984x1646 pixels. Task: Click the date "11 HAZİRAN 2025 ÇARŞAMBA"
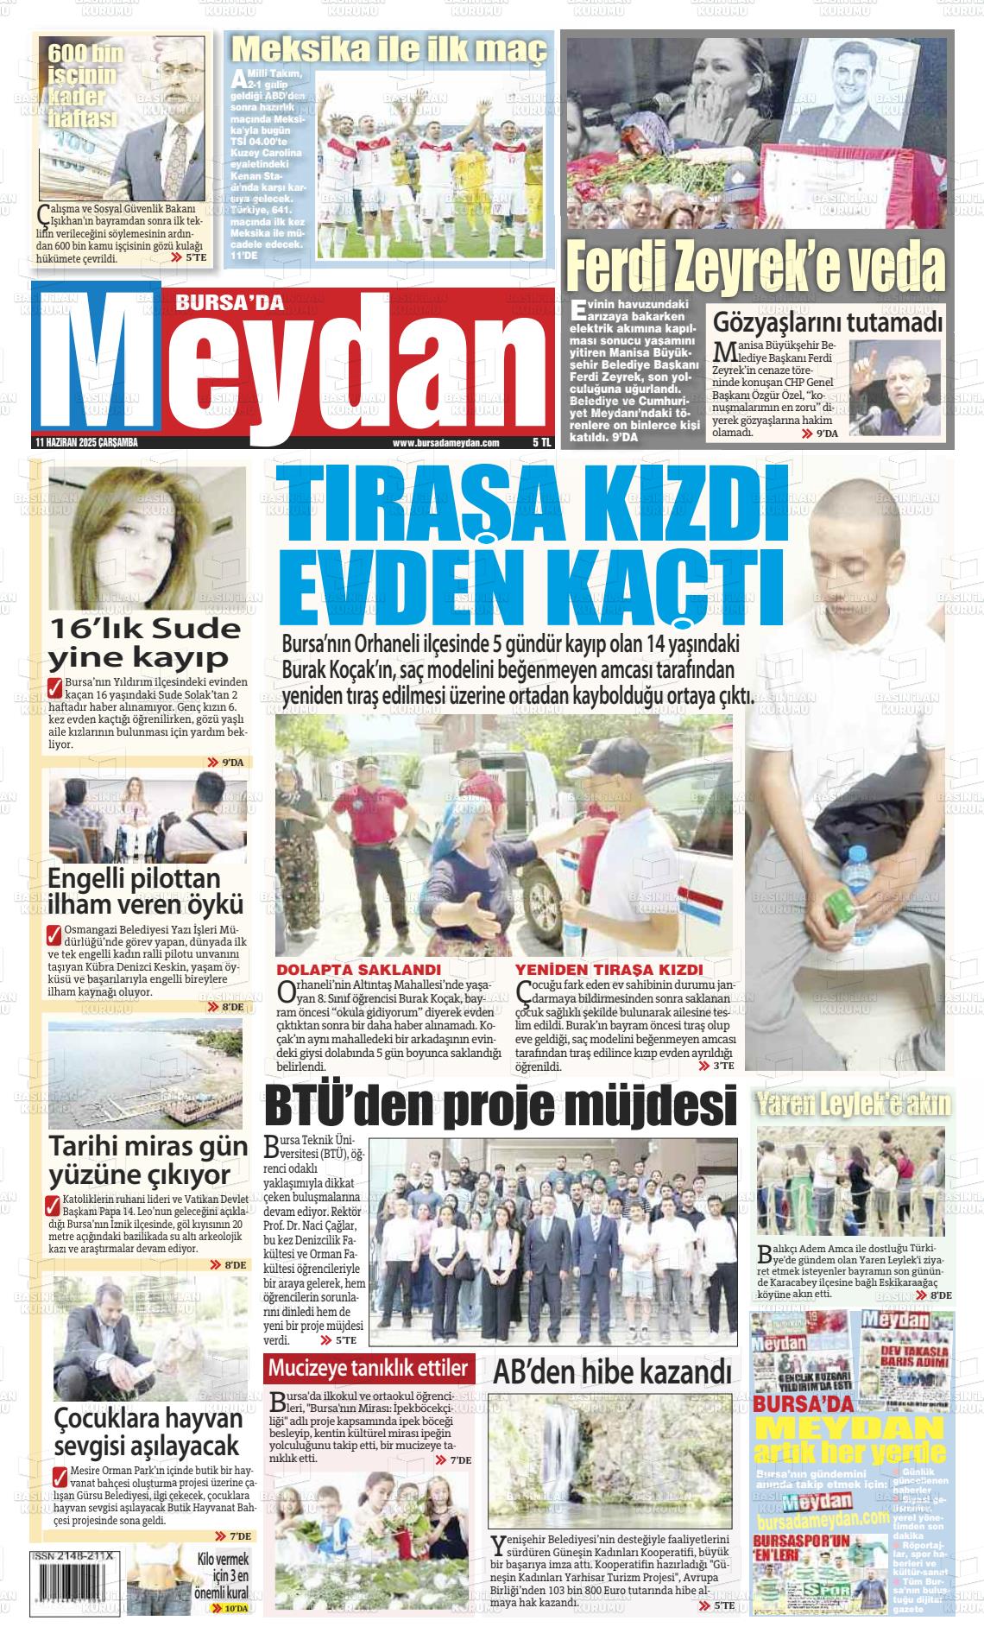(86, 443)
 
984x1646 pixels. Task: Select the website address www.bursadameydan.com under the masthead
(446, 443)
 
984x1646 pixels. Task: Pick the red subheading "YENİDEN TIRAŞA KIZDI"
(609, 970)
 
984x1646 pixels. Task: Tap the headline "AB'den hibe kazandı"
(613, 1371)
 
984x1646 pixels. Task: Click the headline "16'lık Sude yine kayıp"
(144, 642)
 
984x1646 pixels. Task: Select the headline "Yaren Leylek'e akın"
(853, 1103)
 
